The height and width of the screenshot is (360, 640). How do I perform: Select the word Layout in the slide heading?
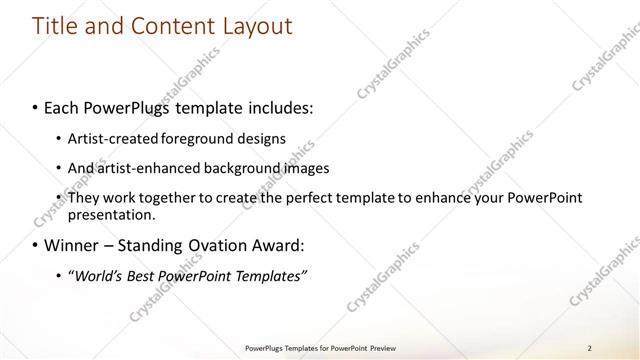point(256,27)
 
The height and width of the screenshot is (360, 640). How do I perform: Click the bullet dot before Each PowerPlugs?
point(36,106)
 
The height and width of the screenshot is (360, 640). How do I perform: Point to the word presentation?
point(111,215)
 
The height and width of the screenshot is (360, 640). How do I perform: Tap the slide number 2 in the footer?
point(589,348)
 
